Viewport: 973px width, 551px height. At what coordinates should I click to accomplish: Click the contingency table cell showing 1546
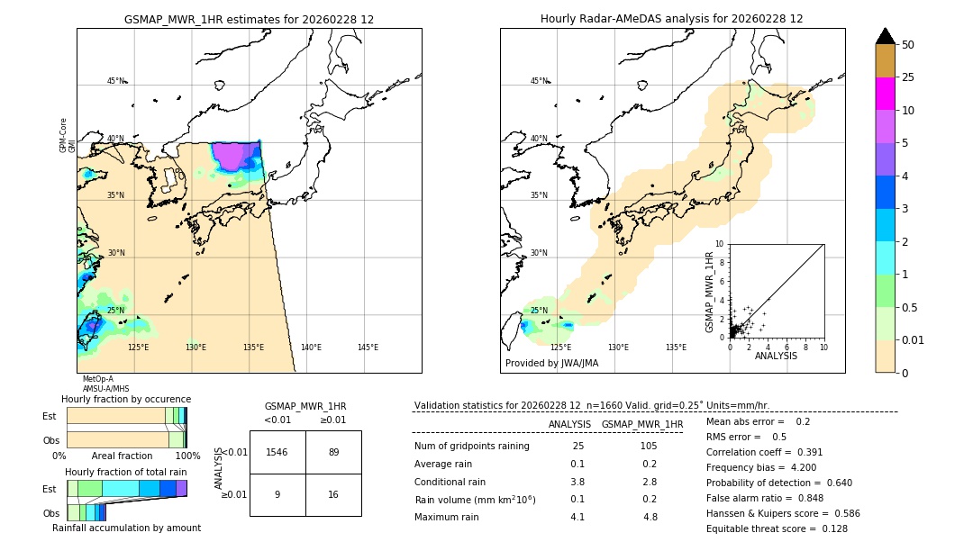tap(277, 452)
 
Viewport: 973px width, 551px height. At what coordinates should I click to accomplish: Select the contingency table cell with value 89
tap(333, 452)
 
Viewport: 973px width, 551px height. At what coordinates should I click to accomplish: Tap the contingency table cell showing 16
tap(333, 494)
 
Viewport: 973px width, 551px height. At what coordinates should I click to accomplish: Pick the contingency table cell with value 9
tap(277, 494)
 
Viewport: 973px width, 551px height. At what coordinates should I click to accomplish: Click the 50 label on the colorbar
tap(908, 45)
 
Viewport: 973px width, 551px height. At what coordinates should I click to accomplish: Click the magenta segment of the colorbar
tap(886, 94)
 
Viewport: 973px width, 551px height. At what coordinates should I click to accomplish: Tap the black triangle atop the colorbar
tap(886, 36)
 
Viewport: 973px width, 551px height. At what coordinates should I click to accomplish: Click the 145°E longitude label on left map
tap(368, 348)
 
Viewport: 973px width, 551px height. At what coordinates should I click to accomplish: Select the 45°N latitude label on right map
tap(539, 81)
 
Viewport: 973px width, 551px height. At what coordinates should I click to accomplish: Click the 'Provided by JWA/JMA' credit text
tap(551, 364)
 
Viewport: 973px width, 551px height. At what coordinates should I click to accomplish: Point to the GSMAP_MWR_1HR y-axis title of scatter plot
tap(709, 292)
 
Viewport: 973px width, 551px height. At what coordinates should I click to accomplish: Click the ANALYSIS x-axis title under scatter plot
tap(776, 357)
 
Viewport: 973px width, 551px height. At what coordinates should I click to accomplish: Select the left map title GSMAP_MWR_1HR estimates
tap(249, 19)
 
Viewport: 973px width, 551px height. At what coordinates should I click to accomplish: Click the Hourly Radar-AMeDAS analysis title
tap(671, 19)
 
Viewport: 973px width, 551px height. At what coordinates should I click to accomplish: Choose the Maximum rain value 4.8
tap(650, 517)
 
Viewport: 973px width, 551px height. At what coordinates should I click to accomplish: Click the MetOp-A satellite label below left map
tap(98, 379)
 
